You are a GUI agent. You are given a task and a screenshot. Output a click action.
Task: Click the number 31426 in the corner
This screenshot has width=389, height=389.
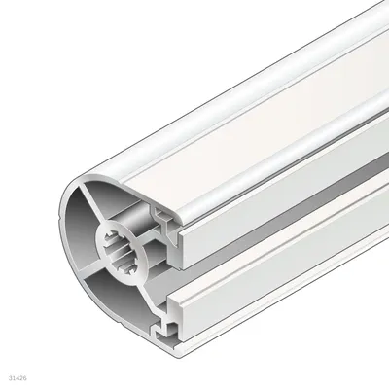(18, 378)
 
